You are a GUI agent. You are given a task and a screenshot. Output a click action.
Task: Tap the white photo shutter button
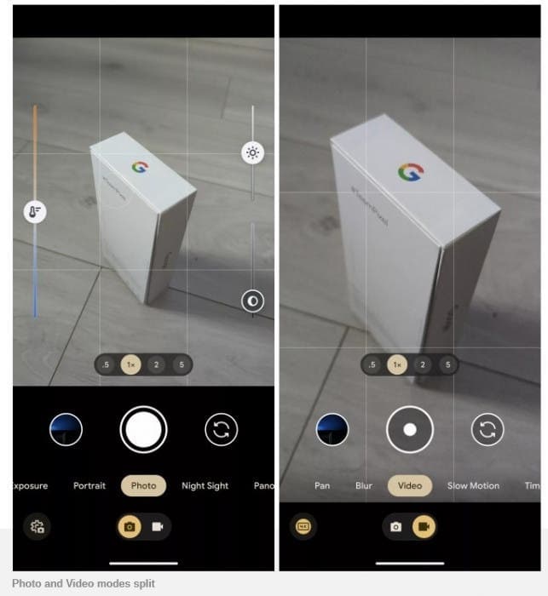(143, 430)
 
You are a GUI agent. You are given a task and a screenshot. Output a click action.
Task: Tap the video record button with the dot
(410, 430)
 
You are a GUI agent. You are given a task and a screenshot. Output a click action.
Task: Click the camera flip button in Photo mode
(222, 430)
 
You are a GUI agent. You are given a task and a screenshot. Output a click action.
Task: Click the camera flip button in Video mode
(487, 430)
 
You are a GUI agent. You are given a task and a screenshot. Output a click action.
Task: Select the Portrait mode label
(89, 486)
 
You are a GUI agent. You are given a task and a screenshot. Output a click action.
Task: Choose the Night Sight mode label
(205, 486)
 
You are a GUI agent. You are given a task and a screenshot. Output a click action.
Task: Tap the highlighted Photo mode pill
(143, 486)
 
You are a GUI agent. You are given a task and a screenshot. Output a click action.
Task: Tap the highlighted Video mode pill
(410, 486)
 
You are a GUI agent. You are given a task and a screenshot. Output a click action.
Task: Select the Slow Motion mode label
(473, 486)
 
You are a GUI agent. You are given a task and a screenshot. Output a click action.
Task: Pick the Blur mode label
(364, 486)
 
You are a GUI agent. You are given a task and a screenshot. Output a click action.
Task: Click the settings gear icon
(37, 526)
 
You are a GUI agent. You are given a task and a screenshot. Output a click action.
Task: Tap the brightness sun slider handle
(252, 153)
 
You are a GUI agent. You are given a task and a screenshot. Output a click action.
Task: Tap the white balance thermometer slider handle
(35, 213)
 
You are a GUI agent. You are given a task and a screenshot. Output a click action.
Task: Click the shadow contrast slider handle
(252, 301)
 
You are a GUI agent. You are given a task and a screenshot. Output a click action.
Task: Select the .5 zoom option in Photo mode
(107, 365)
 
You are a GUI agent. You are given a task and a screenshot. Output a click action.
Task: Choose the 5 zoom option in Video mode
(447, 365)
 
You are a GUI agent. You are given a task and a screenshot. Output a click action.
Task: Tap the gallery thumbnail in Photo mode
(66, 430)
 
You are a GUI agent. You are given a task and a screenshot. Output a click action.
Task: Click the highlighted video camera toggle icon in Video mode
(423, 527)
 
